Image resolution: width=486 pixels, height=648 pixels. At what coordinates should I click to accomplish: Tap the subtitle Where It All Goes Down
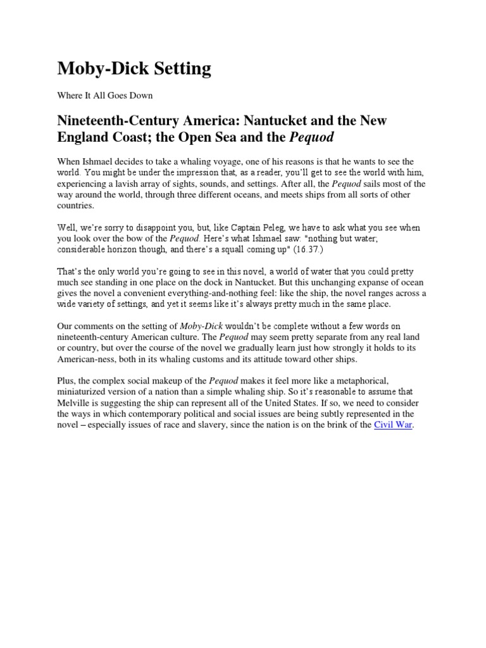point(105,96)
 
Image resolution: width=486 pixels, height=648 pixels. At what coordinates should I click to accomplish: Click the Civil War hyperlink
point(393,424)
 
